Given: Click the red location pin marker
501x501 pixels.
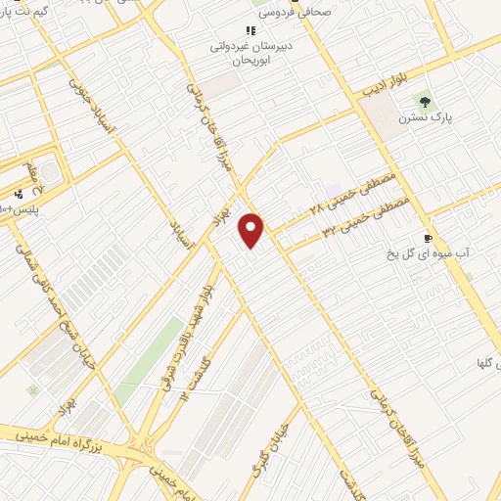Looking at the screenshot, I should pyautogui.click(x=252, y=229).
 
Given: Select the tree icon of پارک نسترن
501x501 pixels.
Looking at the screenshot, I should pyautogui.click(x=425, y=100).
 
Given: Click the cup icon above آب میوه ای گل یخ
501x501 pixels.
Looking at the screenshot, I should pyautogui.click(x=428, y=238).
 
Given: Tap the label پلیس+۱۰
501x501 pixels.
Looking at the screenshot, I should pyautogui.click(x=20, y=210).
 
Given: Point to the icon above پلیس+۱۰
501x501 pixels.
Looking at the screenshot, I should pyautogui.click(x=20, y=194).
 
